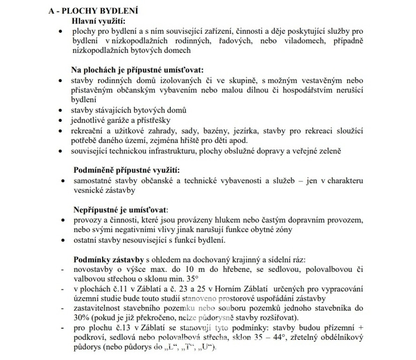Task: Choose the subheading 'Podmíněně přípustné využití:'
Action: pyautogui.click(x=127, y=170)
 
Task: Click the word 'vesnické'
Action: pyautogui.click(x=87, y=190)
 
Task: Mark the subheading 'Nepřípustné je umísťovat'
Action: pyautogui.click(x=121, y=210)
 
